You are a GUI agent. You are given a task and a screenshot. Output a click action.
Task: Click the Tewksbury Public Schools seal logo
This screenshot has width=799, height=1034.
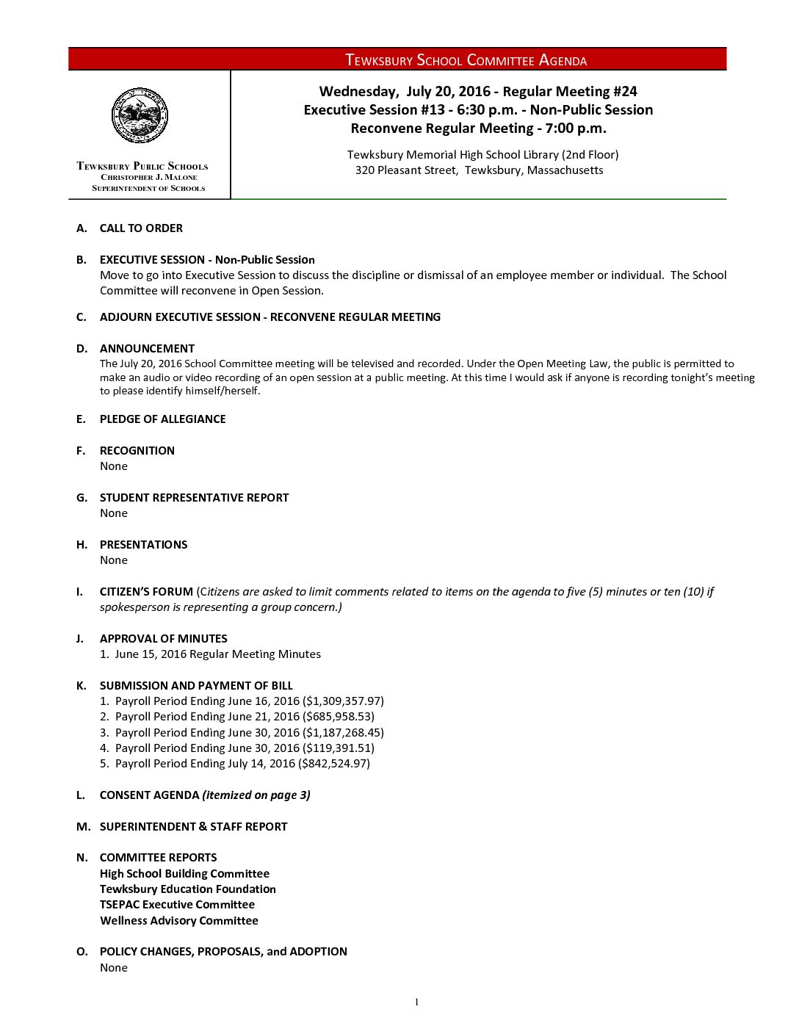click(x=140, y=115)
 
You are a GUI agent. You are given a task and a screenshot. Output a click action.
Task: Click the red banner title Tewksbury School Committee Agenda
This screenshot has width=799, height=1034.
click(x=466, y=60)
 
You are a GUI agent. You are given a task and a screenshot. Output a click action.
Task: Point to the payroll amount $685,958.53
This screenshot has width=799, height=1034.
click(x=339, y=717)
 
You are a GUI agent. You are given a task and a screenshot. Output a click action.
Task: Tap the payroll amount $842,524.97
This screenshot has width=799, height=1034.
click(x=334, y=764)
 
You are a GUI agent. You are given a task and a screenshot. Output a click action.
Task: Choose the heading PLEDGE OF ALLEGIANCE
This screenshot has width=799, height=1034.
click(x=162, y=419)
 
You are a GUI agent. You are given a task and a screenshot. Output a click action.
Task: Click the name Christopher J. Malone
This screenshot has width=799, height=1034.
click(x=149, y=177)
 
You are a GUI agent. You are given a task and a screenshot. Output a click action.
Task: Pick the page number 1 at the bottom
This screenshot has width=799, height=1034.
click(x=416, y=1002)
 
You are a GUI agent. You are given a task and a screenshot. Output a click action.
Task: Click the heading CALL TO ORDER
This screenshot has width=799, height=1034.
click(x=141, y=228)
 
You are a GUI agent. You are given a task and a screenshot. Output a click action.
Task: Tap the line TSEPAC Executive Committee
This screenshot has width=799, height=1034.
click(x=177, y=905)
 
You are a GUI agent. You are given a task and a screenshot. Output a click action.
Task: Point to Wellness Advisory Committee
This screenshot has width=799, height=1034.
click(x=179, y=921)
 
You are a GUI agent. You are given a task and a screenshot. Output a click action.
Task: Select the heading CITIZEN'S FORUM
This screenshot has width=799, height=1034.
click(x=146, y=592)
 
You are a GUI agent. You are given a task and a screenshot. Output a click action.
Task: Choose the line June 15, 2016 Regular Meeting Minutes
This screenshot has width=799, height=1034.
click(x=217, y=654)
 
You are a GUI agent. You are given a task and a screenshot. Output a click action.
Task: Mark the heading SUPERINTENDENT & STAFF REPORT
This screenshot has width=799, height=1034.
click(x=193, y=827)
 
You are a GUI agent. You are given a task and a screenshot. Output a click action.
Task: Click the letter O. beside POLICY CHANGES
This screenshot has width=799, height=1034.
click(x=82, y=952)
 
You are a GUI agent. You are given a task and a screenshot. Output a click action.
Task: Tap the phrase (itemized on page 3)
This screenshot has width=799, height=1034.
click(x=256, y=795)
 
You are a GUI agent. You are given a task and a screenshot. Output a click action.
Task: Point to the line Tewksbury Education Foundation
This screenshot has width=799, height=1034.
click(x=188, y=889)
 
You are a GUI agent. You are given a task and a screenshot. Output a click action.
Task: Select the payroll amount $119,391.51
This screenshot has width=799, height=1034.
click(x=339, y=748)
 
